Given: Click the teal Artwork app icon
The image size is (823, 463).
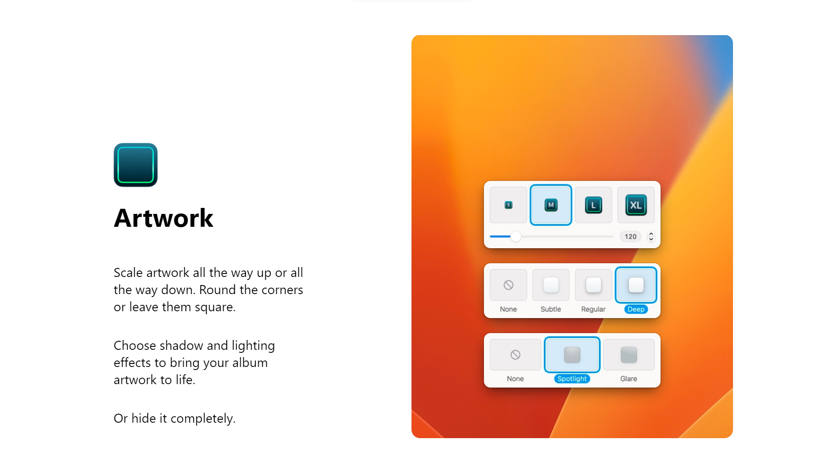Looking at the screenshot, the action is (x=135, y=165).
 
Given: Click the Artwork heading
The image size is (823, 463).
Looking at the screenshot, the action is (x=163, y=218).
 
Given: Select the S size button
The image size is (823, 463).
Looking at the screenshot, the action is (x=508, y=205).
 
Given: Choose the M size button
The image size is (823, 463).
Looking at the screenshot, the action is (x=551, y=205).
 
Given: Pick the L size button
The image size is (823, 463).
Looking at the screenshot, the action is (x=593, y=205).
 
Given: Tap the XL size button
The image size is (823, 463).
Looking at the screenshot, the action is (x=636, y=205).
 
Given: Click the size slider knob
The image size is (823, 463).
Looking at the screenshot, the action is (x=516, y=237).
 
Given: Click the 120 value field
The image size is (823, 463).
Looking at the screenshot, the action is (x=631, y=237).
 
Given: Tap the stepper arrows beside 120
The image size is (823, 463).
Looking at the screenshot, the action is (x=651, y=237).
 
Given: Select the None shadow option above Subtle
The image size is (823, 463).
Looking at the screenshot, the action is (x=508, y=285).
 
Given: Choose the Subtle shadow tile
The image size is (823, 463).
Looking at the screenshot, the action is (x=551, y=285).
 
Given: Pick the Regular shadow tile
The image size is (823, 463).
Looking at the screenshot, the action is (x=593, y=285).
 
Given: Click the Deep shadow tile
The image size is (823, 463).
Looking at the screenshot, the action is (x=636, y=285).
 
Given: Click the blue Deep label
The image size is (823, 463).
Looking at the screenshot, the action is (x=636, y=309).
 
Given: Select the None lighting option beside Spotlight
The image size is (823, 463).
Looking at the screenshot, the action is (x=515, y=355).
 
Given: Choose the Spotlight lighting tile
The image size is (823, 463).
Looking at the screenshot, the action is (x=572, y=355).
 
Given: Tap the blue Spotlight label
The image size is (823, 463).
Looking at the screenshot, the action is (x=572, y=379).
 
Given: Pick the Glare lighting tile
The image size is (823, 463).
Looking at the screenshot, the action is (x=629, y=355).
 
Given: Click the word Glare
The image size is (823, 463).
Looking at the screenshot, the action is (x=629, y=379).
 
